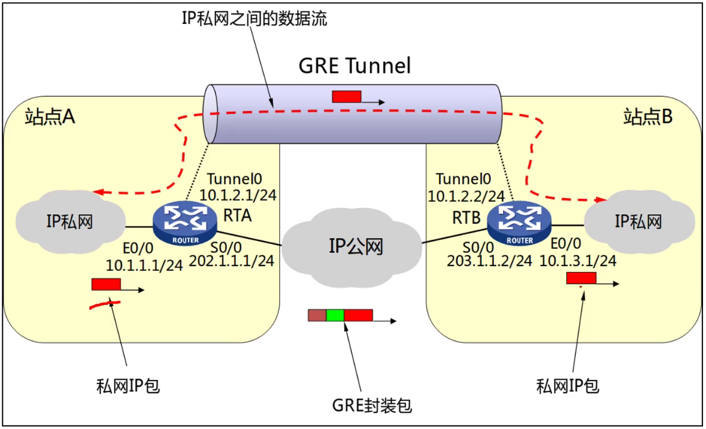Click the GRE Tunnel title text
click(354, 66)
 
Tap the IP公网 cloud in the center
click(353, 246)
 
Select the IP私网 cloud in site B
click(638, 222)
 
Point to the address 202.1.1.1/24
click(232, 261)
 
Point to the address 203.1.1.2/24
click(489, 261)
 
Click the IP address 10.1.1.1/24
click(144, 264)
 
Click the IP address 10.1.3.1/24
click(578, 260)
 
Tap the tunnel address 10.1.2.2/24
click(466, 195)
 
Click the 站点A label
click(50, 117)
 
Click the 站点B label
click(648, 117)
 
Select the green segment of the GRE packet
click(335, 315)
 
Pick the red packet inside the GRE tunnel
click(347, 97)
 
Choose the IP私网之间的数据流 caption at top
click(254, 18)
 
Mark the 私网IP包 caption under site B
click(567, 386)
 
